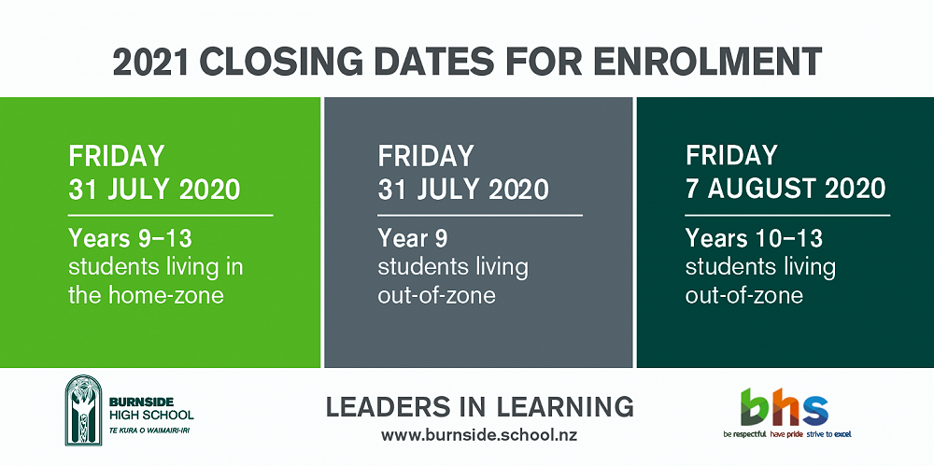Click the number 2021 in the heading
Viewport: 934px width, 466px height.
152,62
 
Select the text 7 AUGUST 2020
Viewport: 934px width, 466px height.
785,189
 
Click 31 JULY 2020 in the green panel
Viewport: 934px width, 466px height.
154,190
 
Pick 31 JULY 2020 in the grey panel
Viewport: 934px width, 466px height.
463,190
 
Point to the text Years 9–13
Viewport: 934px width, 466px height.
131,238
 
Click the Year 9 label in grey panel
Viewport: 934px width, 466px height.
412,238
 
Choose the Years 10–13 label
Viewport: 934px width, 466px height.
754,238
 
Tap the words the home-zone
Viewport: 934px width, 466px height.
146,295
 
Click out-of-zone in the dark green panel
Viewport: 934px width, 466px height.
744,295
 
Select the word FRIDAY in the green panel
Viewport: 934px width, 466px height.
116,156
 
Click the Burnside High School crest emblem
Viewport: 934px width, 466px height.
83,410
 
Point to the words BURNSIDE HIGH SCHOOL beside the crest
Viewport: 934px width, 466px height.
151,408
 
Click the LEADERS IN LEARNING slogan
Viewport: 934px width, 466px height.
479,407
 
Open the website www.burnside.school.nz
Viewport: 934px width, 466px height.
479,435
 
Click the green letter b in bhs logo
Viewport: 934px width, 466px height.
754,406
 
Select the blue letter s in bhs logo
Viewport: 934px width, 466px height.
814,410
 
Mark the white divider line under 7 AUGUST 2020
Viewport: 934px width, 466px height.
787,215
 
